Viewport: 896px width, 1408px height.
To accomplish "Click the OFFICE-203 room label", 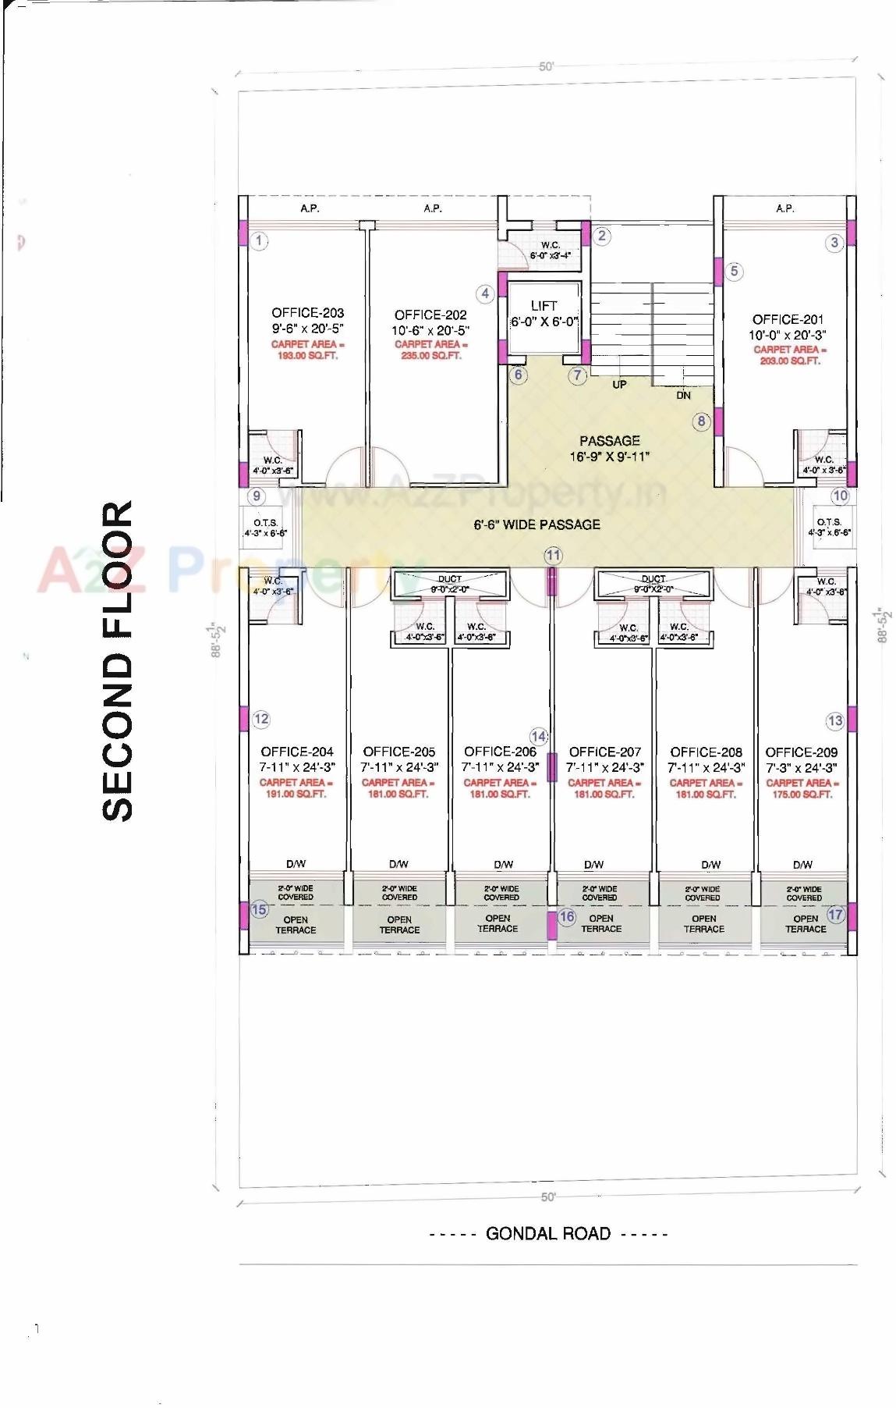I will point(307,313).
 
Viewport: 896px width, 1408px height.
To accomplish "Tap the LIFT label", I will point(544,306).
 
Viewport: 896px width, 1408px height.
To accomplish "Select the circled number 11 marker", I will point(553,556).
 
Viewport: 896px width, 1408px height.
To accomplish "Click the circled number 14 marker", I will point(539,736).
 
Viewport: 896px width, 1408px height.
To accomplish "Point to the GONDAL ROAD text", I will point(547,1234).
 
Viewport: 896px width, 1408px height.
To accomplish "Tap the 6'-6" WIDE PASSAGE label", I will point(537,524).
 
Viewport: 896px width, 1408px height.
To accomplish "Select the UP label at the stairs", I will point(619,384).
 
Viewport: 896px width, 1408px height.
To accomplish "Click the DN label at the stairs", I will point(683,395).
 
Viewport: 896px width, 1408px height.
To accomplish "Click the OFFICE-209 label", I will point(801,752).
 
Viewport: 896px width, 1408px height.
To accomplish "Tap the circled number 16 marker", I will point(567,916).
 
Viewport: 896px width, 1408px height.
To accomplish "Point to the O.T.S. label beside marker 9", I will point(265,523).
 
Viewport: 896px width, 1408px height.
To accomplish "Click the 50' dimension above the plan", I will point(546,67).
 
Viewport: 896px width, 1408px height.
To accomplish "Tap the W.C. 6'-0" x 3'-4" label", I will point(550,250).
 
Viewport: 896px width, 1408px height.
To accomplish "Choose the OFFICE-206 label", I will point(500,752).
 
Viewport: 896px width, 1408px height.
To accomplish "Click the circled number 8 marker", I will point(701,421).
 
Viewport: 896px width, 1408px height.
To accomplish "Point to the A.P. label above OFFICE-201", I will point(784,208).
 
